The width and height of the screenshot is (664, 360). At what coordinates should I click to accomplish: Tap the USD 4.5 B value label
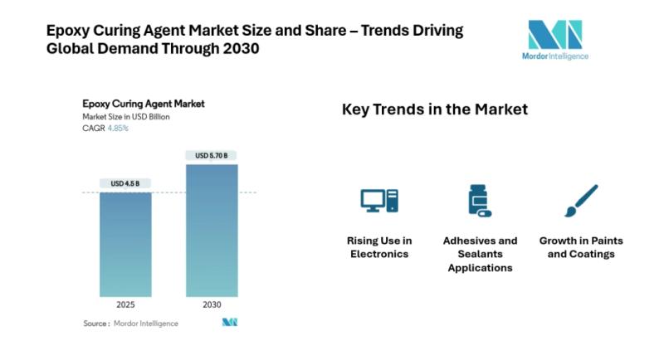point(125,183)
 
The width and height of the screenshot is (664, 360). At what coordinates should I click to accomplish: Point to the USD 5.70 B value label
point(212,155)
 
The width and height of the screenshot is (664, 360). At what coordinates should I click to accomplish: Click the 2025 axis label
point(125,305)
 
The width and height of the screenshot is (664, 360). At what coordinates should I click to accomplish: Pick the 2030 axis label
point(212,305)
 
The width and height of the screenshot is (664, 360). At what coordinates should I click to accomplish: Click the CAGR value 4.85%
point(118,129)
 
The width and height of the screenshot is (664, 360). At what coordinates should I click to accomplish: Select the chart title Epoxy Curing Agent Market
point(144,104)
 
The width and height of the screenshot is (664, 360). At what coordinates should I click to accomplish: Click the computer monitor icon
point(379,201)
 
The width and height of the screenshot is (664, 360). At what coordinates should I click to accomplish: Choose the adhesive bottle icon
point(480,201)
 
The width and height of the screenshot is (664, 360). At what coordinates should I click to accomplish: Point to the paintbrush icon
point(581,201)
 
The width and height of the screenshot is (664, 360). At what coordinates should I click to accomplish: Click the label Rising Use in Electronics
point(379,247)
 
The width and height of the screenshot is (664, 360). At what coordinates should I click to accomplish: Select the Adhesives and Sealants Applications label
point(480,254)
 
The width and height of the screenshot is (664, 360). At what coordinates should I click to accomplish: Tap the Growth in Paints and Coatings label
point(581,247)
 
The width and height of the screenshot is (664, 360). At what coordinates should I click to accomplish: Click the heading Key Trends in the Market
point(435,109)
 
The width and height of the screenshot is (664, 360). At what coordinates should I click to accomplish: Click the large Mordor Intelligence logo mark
point(555,34)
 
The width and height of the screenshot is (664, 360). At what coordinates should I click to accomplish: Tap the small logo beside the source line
point(230,323)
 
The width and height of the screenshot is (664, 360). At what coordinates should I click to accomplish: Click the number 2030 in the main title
point(241,49)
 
